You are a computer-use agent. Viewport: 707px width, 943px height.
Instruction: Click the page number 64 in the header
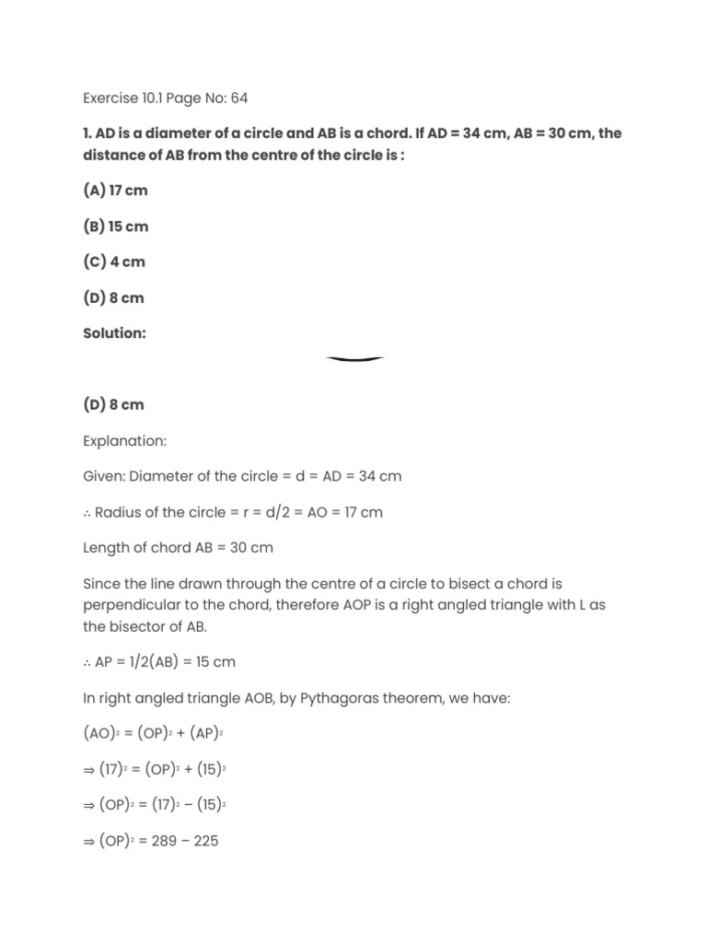click(x=239, y=98)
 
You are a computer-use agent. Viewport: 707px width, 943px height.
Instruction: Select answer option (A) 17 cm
click(x=115, y=191)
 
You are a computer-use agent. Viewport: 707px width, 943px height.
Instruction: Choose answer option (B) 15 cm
click(x=115, y=227)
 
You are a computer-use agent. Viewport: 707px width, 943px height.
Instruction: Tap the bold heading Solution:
click(x=115, y=333)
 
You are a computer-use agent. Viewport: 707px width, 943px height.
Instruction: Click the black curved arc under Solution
click(x=354, y=359)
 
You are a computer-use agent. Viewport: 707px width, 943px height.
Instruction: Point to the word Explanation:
click(x=125, y=441)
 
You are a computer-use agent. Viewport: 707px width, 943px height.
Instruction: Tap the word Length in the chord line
click(x=106, y=548)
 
